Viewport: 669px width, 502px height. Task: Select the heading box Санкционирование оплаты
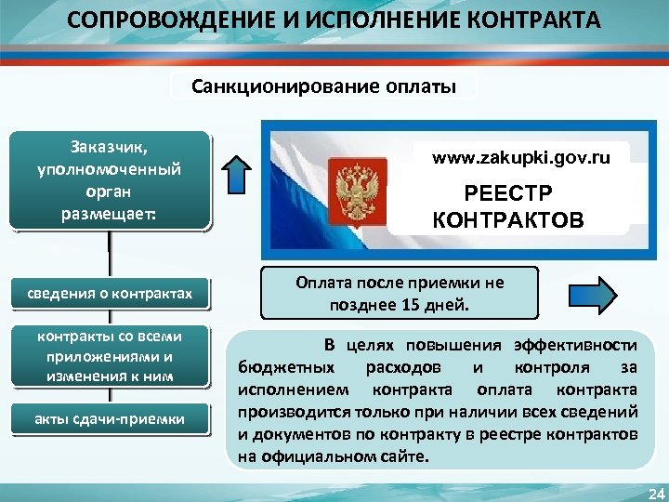click(324, 86)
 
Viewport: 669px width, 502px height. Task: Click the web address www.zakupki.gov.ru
click(521, 158)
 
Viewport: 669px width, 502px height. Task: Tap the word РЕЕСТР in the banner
click(507, 193)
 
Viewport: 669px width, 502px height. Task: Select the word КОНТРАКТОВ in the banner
click(508, 219)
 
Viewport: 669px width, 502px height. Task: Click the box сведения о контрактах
click(110, 294)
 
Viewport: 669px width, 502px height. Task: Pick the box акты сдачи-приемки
click(110, 419)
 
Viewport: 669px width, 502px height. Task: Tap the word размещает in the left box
click(108, 212)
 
